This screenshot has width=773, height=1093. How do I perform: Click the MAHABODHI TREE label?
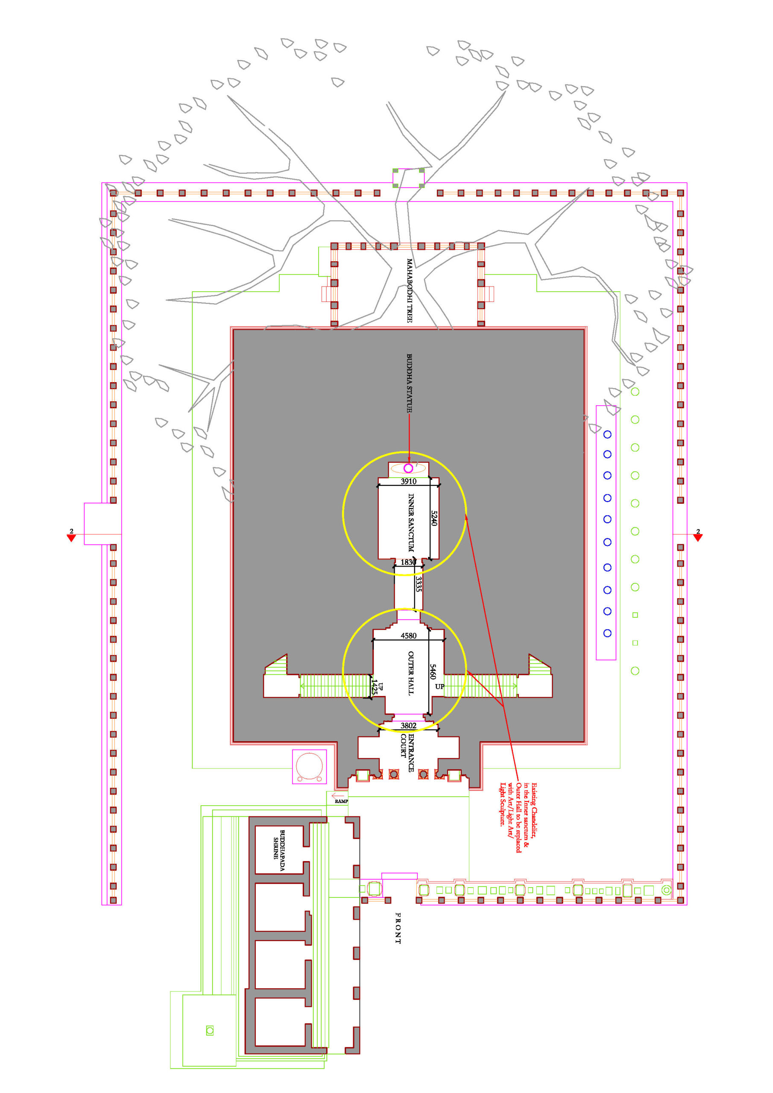tap(409, 291)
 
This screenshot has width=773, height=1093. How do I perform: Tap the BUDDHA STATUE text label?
tap(409, 383)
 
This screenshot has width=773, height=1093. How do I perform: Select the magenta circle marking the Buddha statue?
tap(408, 468)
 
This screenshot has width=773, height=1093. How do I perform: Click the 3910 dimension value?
tap(408, 481)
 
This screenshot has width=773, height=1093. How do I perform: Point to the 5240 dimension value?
tap(433, 518)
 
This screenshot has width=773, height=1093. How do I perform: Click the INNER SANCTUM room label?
tap(410, 522)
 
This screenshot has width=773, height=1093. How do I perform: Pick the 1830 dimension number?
tap(408, 562)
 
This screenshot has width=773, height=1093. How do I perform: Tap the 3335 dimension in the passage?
tap(418, 584)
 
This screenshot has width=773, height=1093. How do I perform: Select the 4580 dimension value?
tap(408, 636)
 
